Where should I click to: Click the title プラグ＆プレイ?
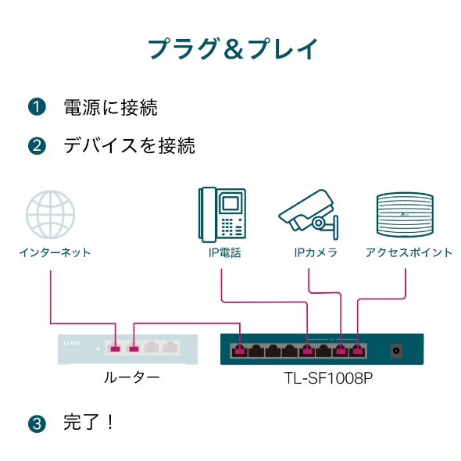coord(233,48)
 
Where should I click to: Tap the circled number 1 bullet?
coord(37,107)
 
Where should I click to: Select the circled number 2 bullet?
coord(37,146)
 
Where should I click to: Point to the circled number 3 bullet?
coord(37,424)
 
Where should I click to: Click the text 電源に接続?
coord(110,107)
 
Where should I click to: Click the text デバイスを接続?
coord(129,146)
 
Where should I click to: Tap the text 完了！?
coord(89,423)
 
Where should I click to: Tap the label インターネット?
coord(55,252)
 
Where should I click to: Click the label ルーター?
coord(131,377)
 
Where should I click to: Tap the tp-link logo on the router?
coord(71,341)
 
